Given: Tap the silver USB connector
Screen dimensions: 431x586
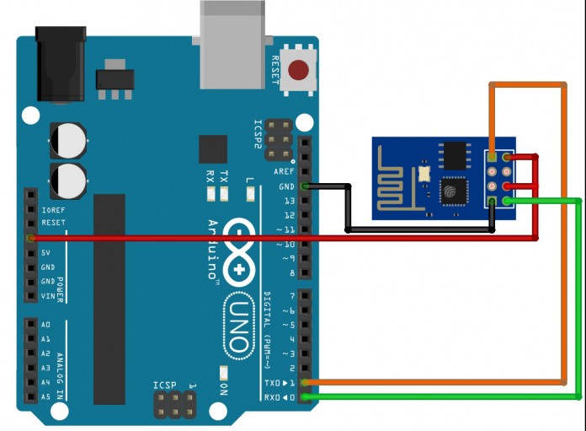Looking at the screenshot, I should [x=233, y=43].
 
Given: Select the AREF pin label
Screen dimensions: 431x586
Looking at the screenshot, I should [x=284, y=171].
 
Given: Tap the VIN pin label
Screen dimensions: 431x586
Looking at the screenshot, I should [x=48, y=295].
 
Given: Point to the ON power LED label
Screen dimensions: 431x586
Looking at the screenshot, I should [x=223, y=388].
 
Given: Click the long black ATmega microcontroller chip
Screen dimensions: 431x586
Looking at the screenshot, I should [x=109, y=299].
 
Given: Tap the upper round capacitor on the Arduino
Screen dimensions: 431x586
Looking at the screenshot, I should [x=67, y=140].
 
